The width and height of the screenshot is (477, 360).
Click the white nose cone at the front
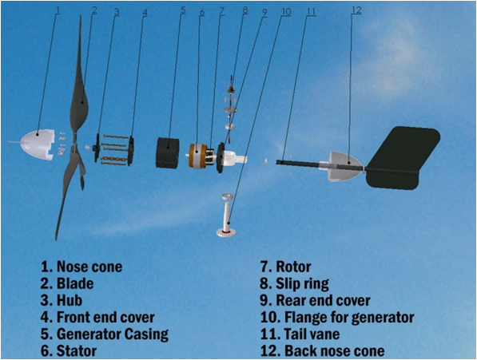click(37, 144)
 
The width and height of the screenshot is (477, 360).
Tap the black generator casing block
click(168, 152)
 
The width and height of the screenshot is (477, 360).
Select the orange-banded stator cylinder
click(197, 156)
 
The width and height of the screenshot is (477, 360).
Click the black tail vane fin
click(403, 158)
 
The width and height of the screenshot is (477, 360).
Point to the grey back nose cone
click(345, 166)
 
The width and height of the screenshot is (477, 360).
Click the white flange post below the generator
click(226, 215)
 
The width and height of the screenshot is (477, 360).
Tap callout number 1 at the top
click(58, 10)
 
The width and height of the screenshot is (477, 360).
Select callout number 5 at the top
click(182, 10)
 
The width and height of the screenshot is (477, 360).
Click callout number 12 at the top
click(356, 10)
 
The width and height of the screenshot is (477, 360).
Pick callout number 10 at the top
click(286, 12)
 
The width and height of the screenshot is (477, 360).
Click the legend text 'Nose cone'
click(89, 267)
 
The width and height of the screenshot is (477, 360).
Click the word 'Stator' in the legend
click(77, 351)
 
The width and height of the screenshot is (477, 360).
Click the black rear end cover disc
click(220, 158)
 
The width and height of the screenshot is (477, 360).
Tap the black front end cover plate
click(131, 151)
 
